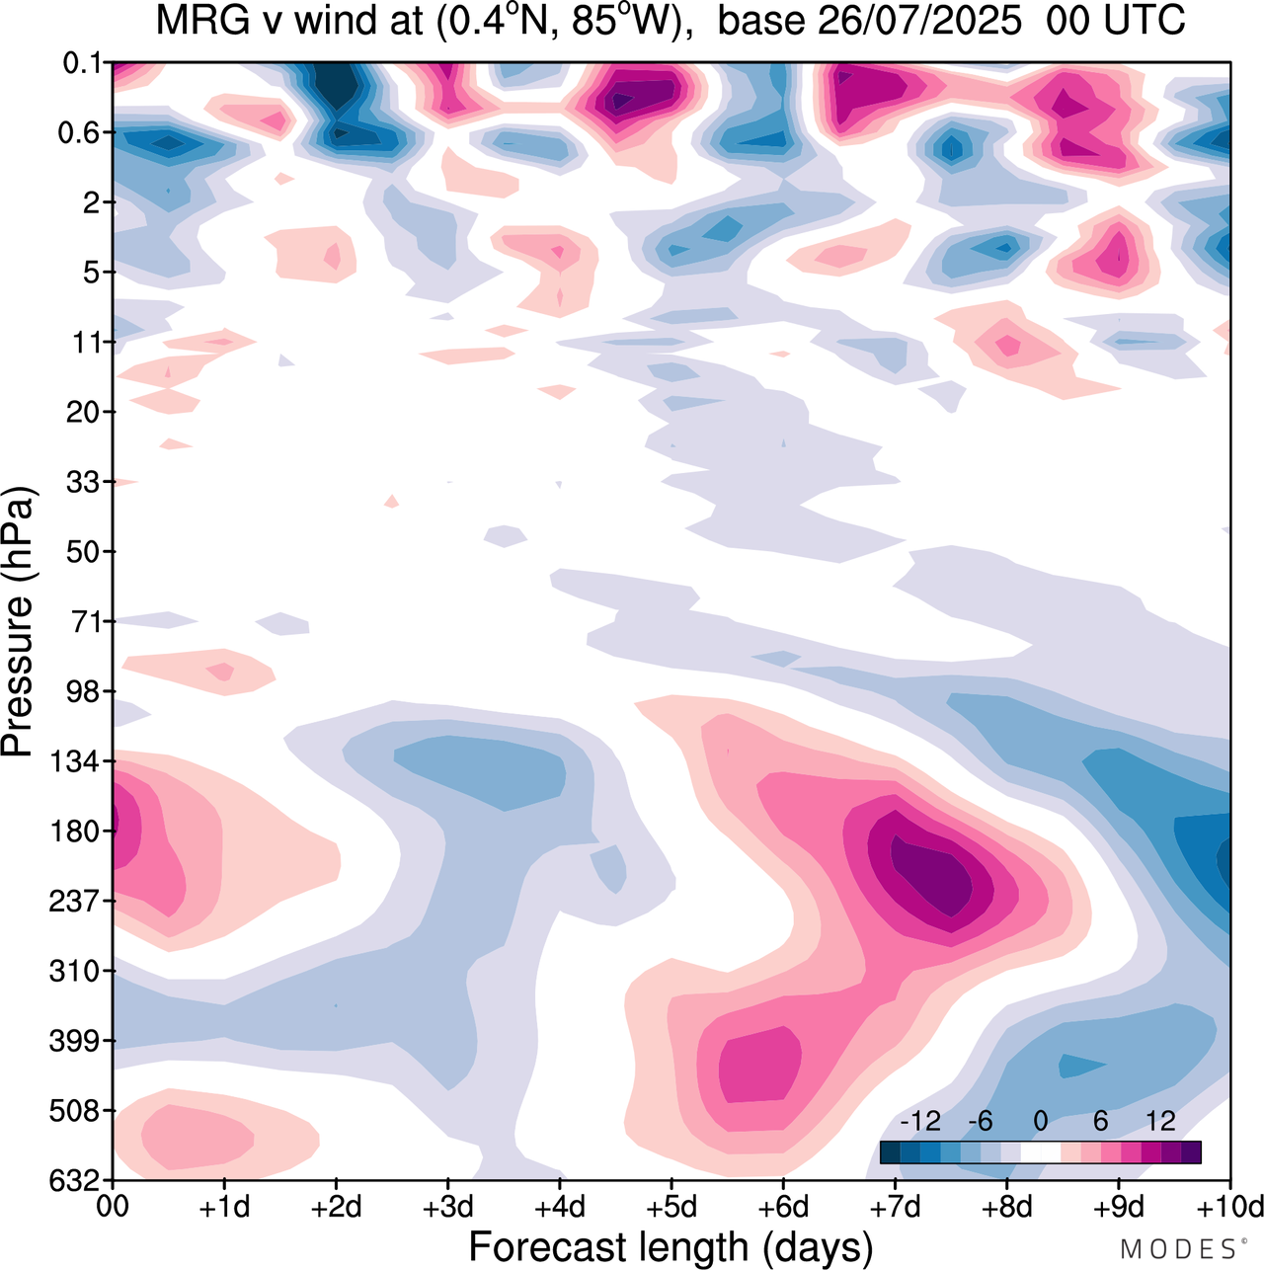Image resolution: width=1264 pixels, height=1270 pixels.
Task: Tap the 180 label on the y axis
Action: pyautogui.click(x=75, y=832)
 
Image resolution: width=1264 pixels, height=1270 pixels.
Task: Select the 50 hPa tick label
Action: pyautogui.click(x=83, y=551)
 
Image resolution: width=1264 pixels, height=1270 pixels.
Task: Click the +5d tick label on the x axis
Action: pyautogui.click(x=671, y=1207)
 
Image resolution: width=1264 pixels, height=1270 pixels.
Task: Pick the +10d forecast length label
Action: pyautogui.click(x=1229, y=1207)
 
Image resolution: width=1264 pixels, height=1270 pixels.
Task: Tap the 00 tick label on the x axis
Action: pyautogui.click(x=113, y=1207)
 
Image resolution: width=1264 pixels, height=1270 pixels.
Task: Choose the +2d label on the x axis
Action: pyautogui.click(x=336, y=1207)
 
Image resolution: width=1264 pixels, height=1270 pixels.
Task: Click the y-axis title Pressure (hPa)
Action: pyautogui.click(x=18, y=622)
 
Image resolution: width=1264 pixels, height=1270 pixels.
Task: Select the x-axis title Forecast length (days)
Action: pyautogui.click(x=671, y=1246)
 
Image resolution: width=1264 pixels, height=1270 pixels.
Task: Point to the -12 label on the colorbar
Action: pyautogui.click(x=919, y=1121)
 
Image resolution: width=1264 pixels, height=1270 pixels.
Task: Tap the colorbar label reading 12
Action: pyautogui.click(x=1161, y=1121)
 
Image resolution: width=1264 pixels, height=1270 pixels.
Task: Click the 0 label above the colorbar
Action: pyautogui.click(x=1041, y=1121)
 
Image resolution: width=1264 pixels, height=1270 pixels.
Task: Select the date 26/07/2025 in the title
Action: pyautogui.click(x=869, y=20)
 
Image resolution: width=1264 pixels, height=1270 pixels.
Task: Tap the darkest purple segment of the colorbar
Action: pyautogui.click(x=1191, y=1152)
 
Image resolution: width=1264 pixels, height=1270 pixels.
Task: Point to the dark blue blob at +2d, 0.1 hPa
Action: pyautogui.click(x=336, y=84)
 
